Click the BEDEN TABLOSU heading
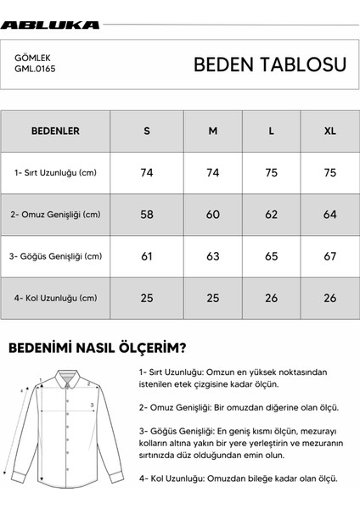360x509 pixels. pyautogui.click(x=269, y=64)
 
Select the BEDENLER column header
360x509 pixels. pyautogui.click(x=55, y=131)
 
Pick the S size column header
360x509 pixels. pyautogui.click(x=147, y=131)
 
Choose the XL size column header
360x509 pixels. pyautogui.click(x=329, y=131)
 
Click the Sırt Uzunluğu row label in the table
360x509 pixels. pyautogui.click(x=56, y=173)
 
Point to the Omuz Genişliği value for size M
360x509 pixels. pyautogui.click(x=213, y=215)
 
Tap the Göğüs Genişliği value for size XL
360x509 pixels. pyautogui.click(x=329, y=256)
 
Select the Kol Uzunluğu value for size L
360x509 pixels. pyautogui.click(x=272, y=298)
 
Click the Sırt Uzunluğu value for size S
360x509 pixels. pyautogui.click(x=147, y=173)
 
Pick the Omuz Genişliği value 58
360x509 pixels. pyautogui.click(x=147, y=215)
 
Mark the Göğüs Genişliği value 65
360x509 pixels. pyautogui.click(x=272, y=256)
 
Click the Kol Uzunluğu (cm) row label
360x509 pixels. pyautogui.click(x=55, y=298)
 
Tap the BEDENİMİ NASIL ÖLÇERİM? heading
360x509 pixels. pyautogui.click(x=98, y=348)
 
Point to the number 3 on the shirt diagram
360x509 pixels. pyautogui.click(x=92, y=405)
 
